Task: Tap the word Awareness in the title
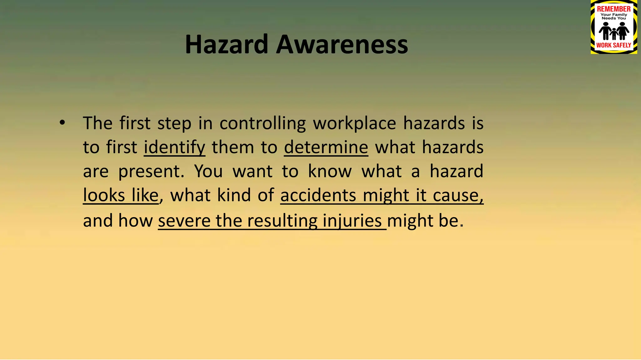click(x=342, y=44)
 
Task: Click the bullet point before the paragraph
click(x=62, y=123)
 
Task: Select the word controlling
click(x=263, y=123)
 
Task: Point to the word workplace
click(x=354, y=123)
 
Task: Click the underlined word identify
click(x=174, y=147)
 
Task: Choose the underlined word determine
click(x=326, y=147)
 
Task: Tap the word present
click(x=151, y=172)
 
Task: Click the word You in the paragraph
click(x=208, y=172)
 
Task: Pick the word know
click(x=330, y=172)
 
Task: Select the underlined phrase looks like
click(x=121, y=196)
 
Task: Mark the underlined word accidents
click(x=318, y=196)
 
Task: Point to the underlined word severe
click(x=184, y=221)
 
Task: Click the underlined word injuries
click(x=352, y=221)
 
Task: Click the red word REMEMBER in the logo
click(x=613, y=9)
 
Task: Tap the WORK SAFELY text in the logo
click(x=613, y=45)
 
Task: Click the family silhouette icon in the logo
click(x=613, y=31)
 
